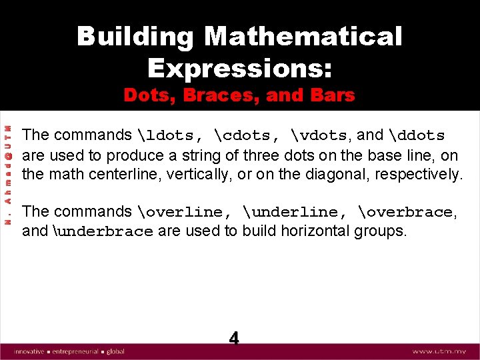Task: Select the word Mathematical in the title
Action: (303, 37)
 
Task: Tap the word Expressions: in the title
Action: (239, 67)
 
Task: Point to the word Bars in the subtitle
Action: (331, 95)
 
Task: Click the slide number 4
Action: (234, 337)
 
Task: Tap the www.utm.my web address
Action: (439, 351)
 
